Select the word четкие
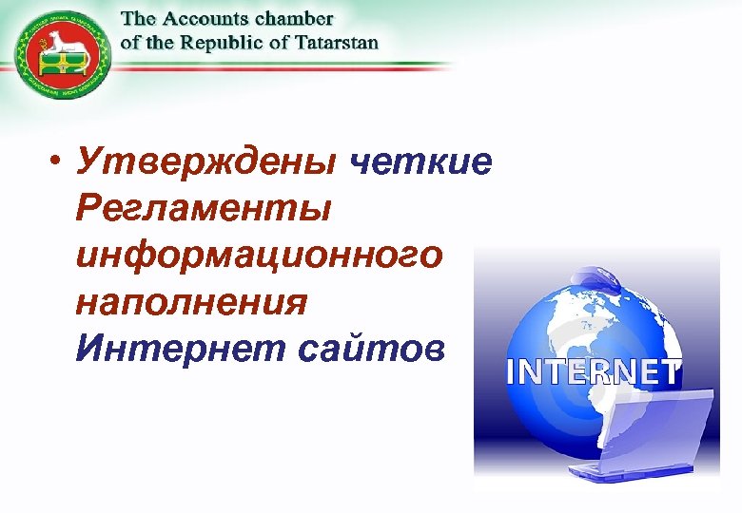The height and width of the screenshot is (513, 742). (420, 164)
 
